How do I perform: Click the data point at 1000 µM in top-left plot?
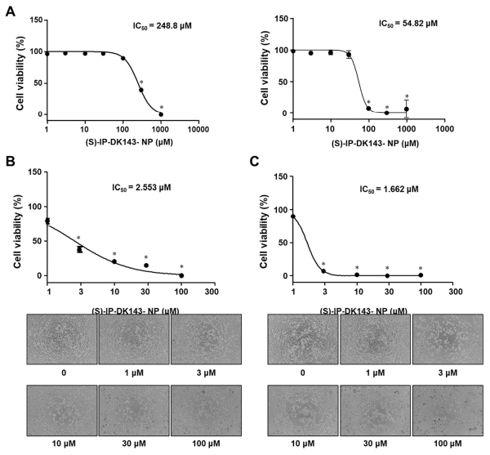click(161, 114)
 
